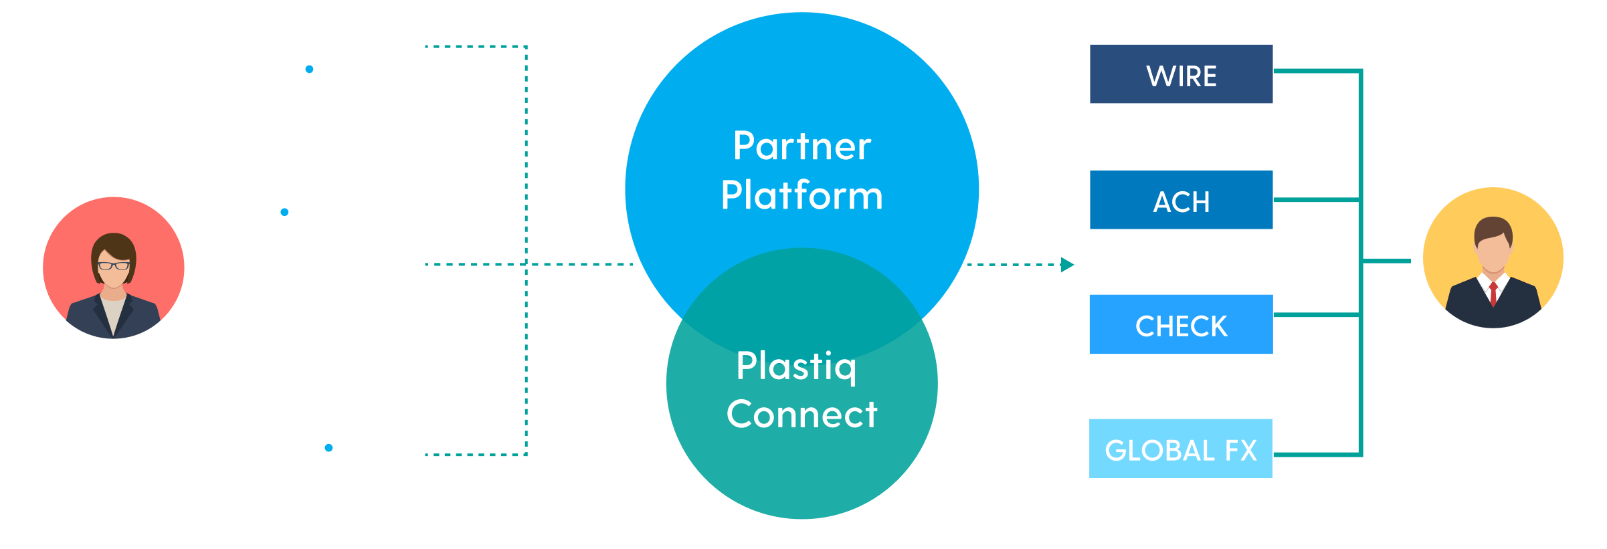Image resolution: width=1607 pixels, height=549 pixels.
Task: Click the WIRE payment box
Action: click(1181, 74)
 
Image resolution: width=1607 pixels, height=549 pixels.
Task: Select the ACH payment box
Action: click(1181, 200)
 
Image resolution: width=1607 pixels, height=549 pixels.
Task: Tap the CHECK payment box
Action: click(1181, 324)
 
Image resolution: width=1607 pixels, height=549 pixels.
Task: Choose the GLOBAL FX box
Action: click(1181, 449)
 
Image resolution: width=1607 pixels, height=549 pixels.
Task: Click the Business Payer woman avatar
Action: click(114, 267)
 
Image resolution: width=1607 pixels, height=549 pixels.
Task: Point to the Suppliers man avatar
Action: click(1493, 258)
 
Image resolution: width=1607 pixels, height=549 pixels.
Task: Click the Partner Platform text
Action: click(801, 171)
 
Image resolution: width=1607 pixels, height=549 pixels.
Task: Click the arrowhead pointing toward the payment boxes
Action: click(1068, 265)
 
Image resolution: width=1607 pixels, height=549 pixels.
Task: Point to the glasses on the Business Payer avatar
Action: click(114, 266)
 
